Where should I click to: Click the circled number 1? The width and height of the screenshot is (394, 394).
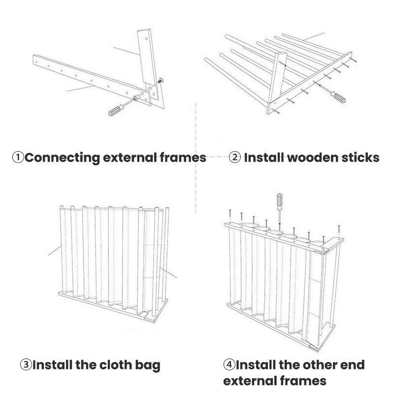click(x=18, y=158)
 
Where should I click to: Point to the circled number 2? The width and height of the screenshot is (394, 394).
click(x=235, y=158)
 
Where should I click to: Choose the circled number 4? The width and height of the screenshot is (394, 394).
click(x=229, y=365)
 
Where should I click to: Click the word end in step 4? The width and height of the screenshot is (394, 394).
click(x=352, y=365)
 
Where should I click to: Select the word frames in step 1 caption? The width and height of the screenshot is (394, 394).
click(x=183, y=158)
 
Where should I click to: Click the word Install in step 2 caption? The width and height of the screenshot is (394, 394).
click(x=264, y=158)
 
